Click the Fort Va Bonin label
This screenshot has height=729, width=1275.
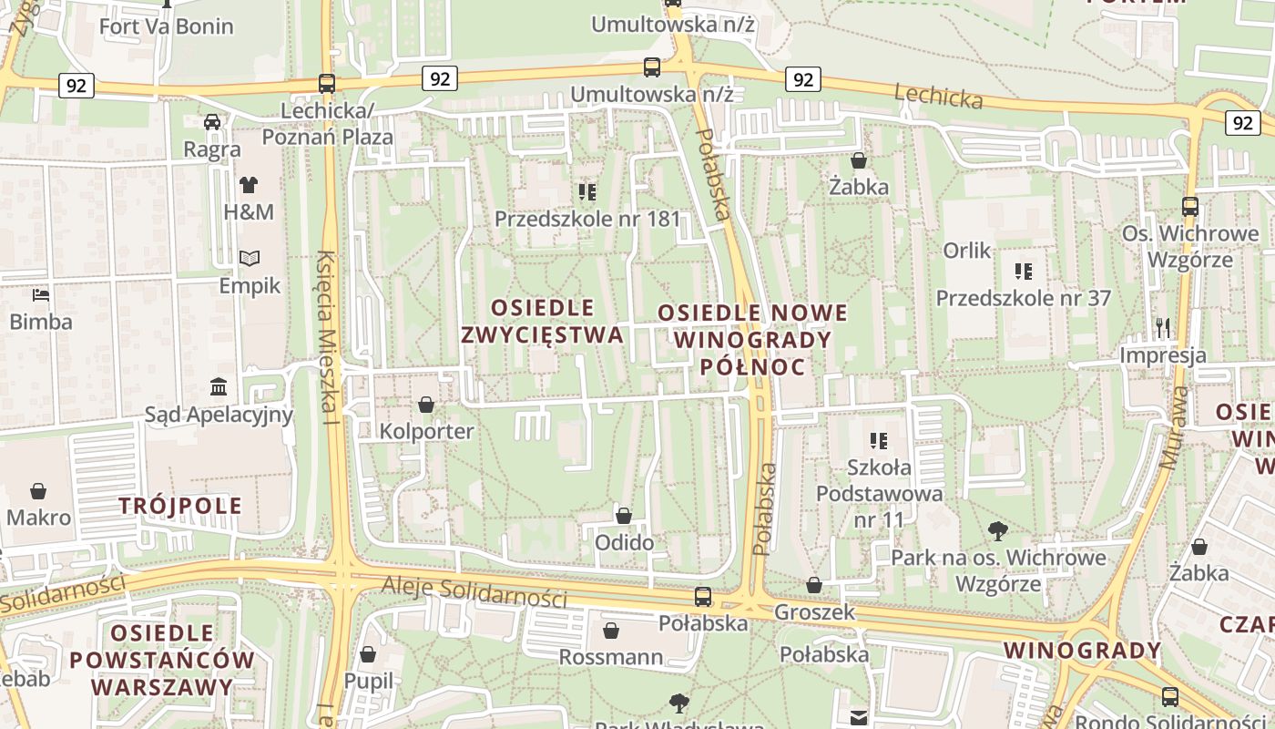[x=166, y=26]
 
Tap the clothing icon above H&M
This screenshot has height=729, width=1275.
[x=249, y=184]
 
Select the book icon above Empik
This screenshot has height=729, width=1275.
[x=250, y=258]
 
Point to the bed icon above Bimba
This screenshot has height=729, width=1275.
[x=41, y=294]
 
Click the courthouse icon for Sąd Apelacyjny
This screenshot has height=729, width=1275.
[x=219, y=387]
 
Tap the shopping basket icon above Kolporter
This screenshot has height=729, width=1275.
[x=426, y=404]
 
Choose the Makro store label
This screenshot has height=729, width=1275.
[x=38, y=518]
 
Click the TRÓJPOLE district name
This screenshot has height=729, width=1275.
[x=180, y=506]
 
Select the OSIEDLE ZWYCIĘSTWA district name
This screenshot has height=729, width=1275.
[x=543, y=321]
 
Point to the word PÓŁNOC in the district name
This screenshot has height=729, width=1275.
[x=752, y=366]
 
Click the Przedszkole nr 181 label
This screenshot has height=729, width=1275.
[x=587, y=219]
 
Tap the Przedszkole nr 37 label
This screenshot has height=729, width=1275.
[x=1024, y=298]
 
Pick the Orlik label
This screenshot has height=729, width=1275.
[x=967, y=250]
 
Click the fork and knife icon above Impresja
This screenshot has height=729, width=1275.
[x=1163, y=327]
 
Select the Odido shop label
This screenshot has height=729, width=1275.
[x=624, y=543]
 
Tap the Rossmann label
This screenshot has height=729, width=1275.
[x=610, y=657]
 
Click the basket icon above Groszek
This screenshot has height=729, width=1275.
[x=814, y=584]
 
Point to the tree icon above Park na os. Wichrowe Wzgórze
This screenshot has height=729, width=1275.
[x=998, y=529]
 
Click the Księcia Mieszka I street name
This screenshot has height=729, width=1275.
[x=328, y=337]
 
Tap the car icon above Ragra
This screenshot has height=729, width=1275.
[x=212, y=121]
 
